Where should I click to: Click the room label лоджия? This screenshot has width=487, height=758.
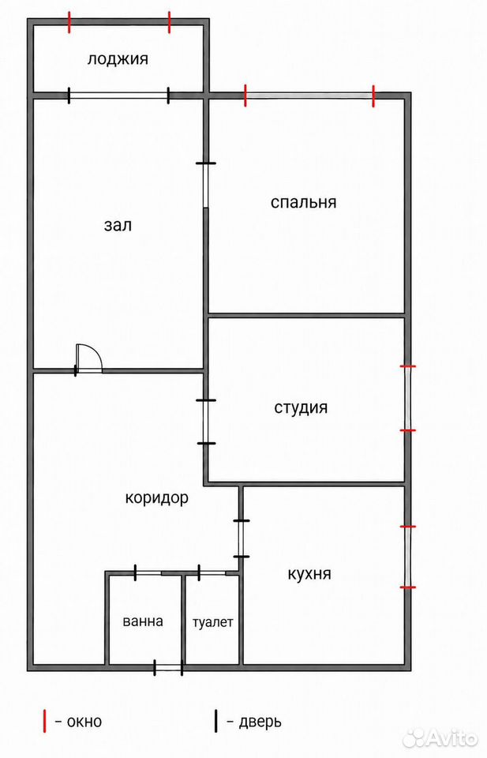[x=118, y=59]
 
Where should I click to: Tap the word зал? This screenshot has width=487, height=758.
[x=118, y=225]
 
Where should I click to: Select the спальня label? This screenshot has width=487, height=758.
[x=303, y=202]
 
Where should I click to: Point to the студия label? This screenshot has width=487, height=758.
[x=301, y=407]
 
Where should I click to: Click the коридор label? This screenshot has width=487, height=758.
[x=156, y=498]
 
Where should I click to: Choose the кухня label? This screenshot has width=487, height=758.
[x=309, y=574]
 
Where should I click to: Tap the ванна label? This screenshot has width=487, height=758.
[x=143, y=621]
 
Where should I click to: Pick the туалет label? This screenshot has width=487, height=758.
[x=212, y=622]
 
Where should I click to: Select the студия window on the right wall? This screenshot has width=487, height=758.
[x=408, y=398]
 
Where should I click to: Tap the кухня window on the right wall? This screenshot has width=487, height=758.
[x=408, y=557]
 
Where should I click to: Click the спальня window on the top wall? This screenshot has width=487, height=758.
[x=309, y=96]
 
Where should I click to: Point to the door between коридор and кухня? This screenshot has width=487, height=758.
[x=241, y=538]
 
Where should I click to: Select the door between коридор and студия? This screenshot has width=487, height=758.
[x=206, y=422]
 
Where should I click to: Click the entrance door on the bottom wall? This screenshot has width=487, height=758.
[x=168, y=668]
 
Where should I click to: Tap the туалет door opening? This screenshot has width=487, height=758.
[x=212, y=573]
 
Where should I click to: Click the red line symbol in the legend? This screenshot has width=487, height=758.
[x=45, y=721]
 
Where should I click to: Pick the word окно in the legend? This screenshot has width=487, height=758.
[x=84, y=722]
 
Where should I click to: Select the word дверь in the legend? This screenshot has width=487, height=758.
[x=260, y=722]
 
